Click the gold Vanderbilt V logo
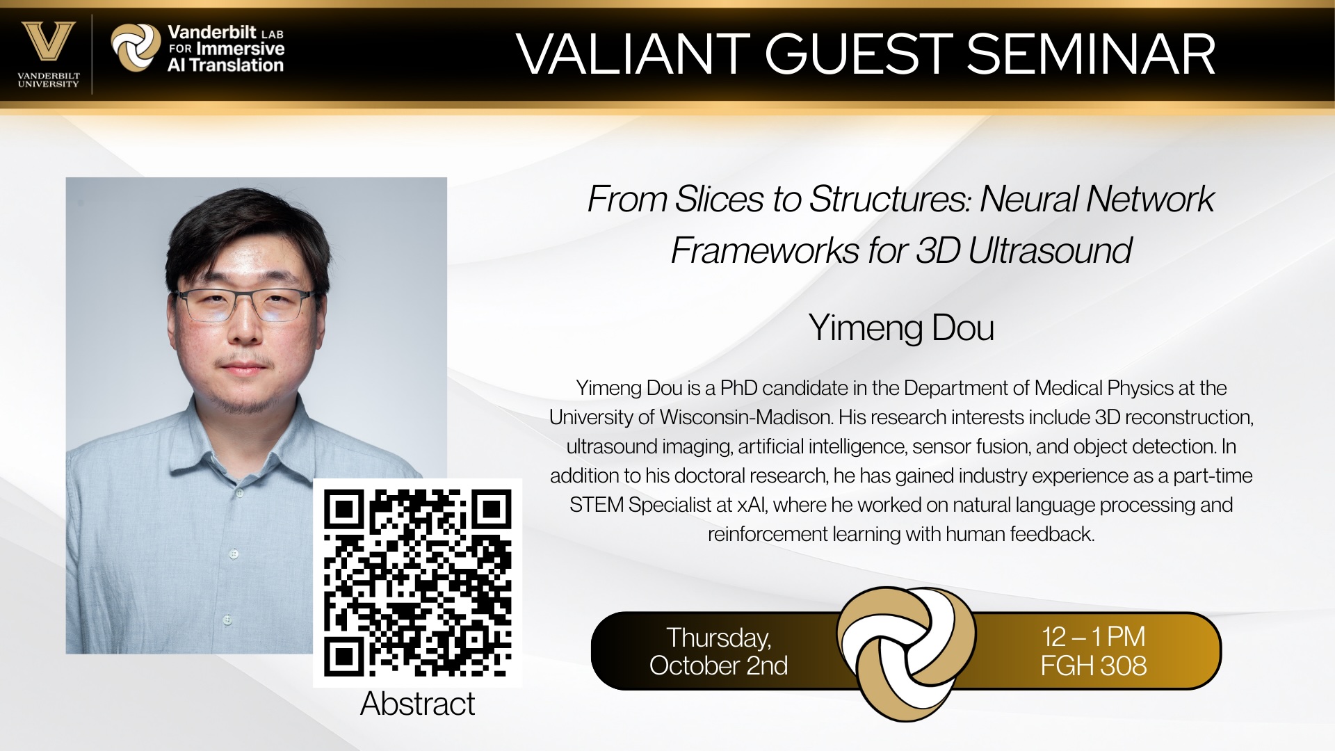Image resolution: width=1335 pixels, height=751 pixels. point(48,42)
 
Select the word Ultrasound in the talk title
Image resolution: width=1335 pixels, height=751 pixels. point(1050,250)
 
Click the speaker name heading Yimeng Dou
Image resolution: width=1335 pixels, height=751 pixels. point(901,328)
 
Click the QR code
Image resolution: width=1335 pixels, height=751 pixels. point(418,583)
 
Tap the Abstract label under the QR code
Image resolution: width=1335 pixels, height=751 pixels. point(418,704)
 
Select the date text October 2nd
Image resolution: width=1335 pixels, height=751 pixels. point(719,665)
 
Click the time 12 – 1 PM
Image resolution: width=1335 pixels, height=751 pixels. point(1094,636)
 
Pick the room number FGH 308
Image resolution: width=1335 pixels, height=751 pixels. point(1094,665)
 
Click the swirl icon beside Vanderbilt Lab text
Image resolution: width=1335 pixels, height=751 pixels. point(136,47)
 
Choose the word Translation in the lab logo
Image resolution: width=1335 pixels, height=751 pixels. point(236,65)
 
